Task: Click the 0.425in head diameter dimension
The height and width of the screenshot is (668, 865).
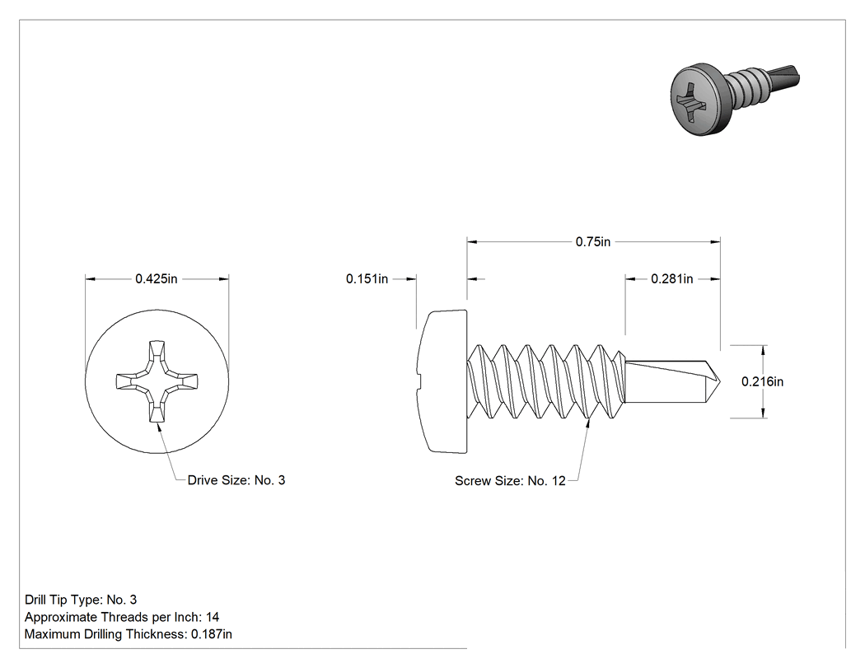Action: click(x=157, y=279)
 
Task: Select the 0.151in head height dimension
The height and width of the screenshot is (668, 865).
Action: click(x=367, y=279)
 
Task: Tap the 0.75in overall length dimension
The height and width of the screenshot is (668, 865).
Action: click(x=593, y=241)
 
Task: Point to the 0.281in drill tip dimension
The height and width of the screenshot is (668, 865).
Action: click(x=672, y=279)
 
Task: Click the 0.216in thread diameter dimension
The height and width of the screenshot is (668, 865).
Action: click(x=762, y=381)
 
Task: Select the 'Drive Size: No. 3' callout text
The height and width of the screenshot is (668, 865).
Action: click(x=236, y=480)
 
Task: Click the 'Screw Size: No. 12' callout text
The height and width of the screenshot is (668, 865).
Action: click(x=510, y=481)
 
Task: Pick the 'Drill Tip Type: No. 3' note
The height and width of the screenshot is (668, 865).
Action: click(x=81, y=600)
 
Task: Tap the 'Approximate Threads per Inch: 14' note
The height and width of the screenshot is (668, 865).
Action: click(x=122, y=617)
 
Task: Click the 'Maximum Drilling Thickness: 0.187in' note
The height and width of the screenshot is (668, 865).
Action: click(x=128, y=634)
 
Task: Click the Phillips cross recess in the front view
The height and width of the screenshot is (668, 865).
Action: click(x=157, y=381)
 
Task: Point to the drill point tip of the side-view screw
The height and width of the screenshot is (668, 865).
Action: click(x=720, y=381)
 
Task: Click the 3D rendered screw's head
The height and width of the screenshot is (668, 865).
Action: click(x=697, y=100)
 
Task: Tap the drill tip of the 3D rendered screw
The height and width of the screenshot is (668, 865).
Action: click(x=783, y=77)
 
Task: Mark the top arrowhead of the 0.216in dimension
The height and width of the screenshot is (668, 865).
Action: click(x=764, y=351)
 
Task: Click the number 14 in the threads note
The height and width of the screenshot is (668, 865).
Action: click(x=213, y=617)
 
